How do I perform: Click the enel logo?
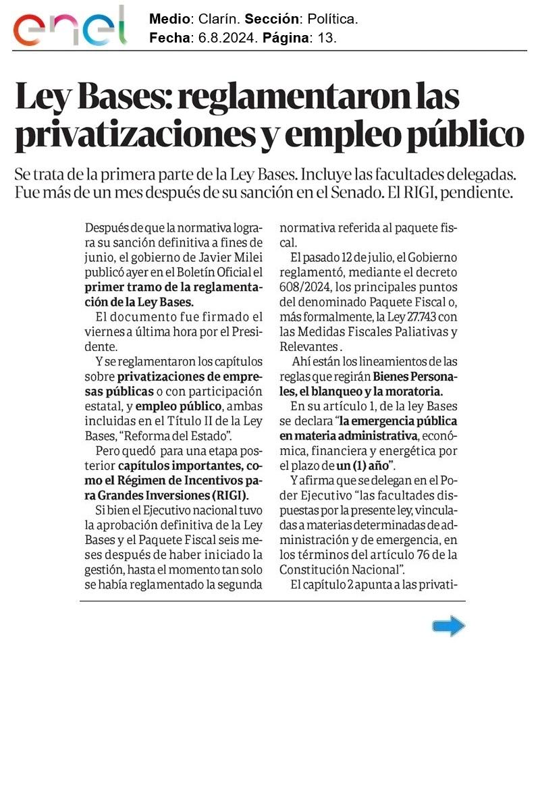click(x=70, y=27)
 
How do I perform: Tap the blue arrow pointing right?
click(x=448, y=626)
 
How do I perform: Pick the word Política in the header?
click(x=328, y=20)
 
